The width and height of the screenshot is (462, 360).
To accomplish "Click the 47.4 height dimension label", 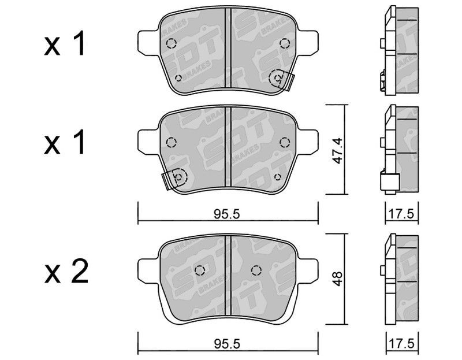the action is pos(338,151).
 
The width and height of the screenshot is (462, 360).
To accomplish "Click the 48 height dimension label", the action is pos(338,279).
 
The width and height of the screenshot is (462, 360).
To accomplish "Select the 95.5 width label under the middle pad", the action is pos(227,214).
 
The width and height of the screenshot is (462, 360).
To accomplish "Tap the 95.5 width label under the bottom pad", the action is pos(227,343).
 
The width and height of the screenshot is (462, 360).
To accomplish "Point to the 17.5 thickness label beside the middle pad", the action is pos(401,214).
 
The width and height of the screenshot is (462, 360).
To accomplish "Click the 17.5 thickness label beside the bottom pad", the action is pos(401,343).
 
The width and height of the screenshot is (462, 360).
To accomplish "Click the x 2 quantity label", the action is pos(66,272).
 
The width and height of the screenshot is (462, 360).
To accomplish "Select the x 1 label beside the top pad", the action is pos(65,44).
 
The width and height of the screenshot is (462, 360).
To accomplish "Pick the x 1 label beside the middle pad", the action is pos(65,142).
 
